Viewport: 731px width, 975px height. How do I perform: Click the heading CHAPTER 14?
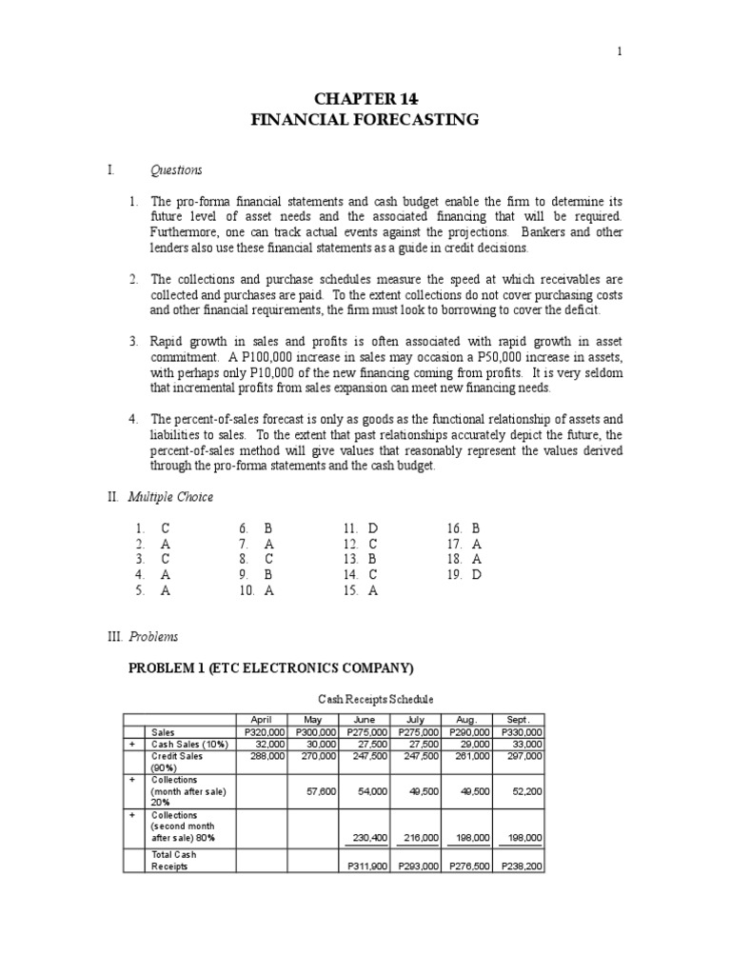click(x=365, y=99)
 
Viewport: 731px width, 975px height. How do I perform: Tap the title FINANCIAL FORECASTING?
click(x=365, y=120)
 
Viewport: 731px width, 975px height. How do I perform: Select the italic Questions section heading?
click(x=176, y=170)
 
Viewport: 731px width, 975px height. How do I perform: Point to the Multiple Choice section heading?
click(x=182, y=497)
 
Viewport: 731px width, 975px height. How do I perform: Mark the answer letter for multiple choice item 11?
click(x=373, y=527)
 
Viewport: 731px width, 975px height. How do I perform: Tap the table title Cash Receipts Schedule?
click(x=365, y=700)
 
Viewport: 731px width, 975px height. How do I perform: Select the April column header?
click(x=261, y=720)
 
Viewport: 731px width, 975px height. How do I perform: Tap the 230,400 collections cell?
click(x=370, y=838)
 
